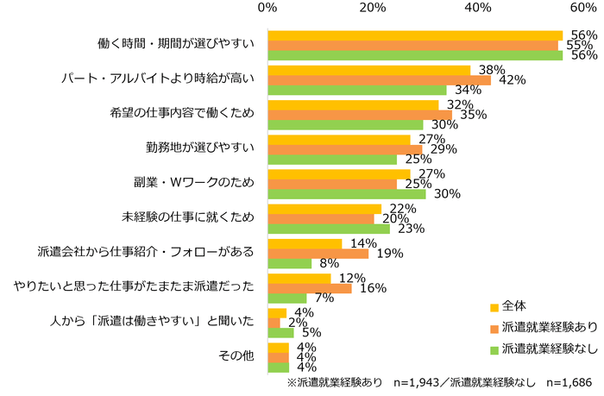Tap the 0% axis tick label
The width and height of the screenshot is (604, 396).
[267, 8]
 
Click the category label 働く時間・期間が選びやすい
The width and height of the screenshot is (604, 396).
[175, 45]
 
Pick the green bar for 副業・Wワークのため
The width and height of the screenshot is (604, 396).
[346, 193]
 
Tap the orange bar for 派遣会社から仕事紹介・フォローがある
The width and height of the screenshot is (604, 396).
[318, 253]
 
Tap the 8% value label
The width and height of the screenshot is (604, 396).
[329, 264]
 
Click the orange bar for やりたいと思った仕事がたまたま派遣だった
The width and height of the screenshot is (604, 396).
[310, 287]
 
